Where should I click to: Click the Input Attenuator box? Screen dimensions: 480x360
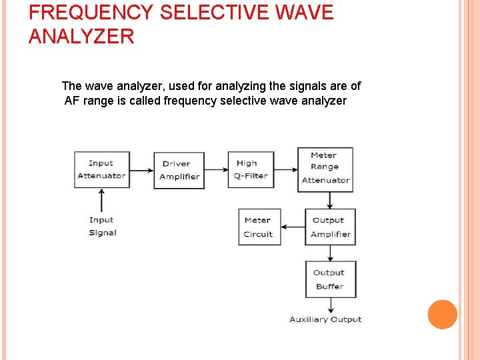(x=101, y=169)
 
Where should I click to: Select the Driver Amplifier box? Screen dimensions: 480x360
(x=179, y=170)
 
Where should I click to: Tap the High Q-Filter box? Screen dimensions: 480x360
(x=251, y=169)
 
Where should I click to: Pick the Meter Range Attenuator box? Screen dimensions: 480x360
(x=325, y=168)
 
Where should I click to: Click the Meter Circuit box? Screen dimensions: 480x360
(x=259, y=227)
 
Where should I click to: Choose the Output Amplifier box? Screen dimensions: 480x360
(x=330, y=227)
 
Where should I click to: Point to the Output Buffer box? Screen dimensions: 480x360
(x=329, y=279)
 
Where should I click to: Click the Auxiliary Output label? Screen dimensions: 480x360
(x=325, y=319)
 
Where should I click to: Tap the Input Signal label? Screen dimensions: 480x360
(x=102, y=226)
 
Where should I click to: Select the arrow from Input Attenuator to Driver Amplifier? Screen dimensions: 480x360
(x=141, y=169)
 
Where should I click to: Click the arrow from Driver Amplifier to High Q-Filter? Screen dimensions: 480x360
(x=216, y=169)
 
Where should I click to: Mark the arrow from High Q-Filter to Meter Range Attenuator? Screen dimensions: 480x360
(x=286, y=169)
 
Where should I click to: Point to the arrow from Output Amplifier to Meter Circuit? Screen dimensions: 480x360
(x=293, y=227)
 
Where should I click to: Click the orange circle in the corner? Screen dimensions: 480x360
(x=443, y=315)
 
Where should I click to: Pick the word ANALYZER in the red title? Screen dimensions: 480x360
(x=81, y=36)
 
